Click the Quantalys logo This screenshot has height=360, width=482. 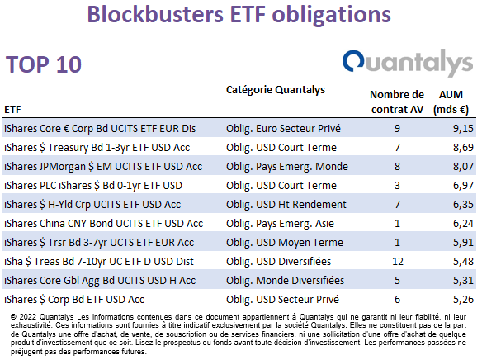pyautogui.click(x=407, y=63)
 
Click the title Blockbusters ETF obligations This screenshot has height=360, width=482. pyautogui.click(x=239, y=14)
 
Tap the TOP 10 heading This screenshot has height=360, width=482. pyautogui.click(x=44, y=64)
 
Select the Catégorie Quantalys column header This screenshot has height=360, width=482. pyautogui.click(x=276, y=90)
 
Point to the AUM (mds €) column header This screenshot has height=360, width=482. pyautogui.click(x=451, y=102)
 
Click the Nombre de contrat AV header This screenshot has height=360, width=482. pyautogui.click(x=397, y=102)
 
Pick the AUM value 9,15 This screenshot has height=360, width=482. pyautogui.click(x=463, y=128)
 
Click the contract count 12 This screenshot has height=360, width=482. pyautogui.click(x=398, y=261)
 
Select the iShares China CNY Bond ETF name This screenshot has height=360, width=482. pyautogui.click(x=104, y=224)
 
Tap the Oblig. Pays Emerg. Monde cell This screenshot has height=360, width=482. pyautogui.click(x=287, y=167)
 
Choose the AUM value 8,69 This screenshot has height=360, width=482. pyautogui.click(x=463, y=147)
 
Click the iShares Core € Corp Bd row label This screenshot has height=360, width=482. pyautogui.click(x=100, y=129)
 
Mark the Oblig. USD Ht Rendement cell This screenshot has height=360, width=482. pyautogui.click(x=286, y=205)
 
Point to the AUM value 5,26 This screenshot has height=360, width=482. pyautogui.click(x=463, y=299)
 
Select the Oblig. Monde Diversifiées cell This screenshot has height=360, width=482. pyautogui.click(x=286, y=281)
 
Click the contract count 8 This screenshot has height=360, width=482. pyautogui.click(x=397, y=166)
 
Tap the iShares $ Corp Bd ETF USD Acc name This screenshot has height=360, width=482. pyautogui.click(x=74, y=300)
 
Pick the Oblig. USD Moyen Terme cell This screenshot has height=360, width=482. pyautogui.click(x=285, y=242)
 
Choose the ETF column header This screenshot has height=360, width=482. pyautogui.click(x=12, y=110)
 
